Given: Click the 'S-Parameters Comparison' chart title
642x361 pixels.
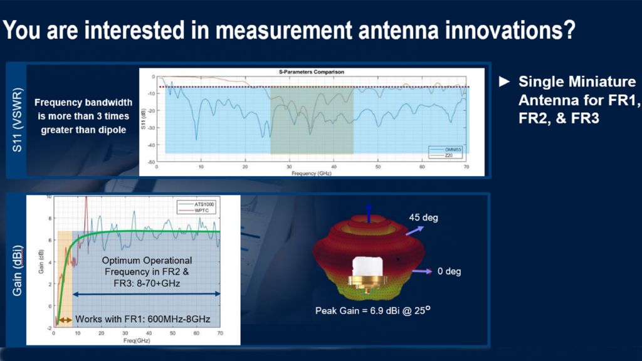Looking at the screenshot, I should click(312, 72).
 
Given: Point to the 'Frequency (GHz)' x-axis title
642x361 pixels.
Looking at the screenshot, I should click(311, 173).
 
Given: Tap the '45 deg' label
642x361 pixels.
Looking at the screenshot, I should click(425, 218).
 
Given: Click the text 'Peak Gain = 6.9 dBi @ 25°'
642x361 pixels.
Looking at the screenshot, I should click(374, 310).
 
